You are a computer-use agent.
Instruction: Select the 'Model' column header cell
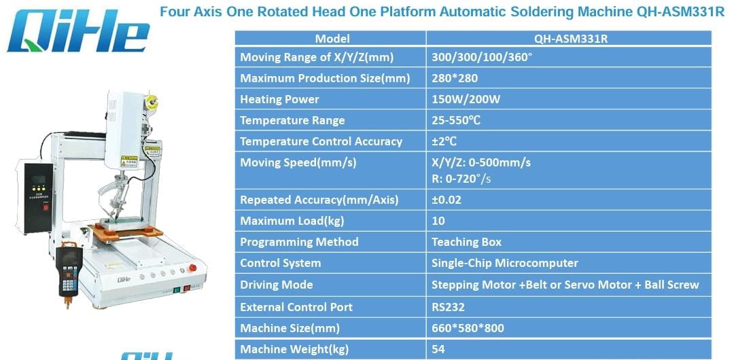click(332, 39)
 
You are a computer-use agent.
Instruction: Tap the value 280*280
click(455, 78)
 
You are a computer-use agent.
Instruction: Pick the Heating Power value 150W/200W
click(466, 99)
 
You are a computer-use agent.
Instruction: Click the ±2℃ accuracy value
click(444, 141)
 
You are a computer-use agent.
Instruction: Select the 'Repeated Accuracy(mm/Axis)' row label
click(319, 200)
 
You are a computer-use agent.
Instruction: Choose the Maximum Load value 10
click(438, 221)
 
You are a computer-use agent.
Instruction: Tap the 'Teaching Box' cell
click(466, 242)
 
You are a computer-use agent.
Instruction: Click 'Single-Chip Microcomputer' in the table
click(504, 263)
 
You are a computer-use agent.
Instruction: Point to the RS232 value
click(448, 307)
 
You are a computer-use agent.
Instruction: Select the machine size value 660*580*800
click(468, 328)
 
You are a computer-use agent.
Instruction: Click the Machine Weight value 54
click(438, 349)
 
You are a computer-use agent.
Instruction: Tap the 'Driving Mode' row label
click(277, 285)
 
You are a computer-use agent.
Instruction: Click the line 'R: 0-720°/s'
click(461, 179)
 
